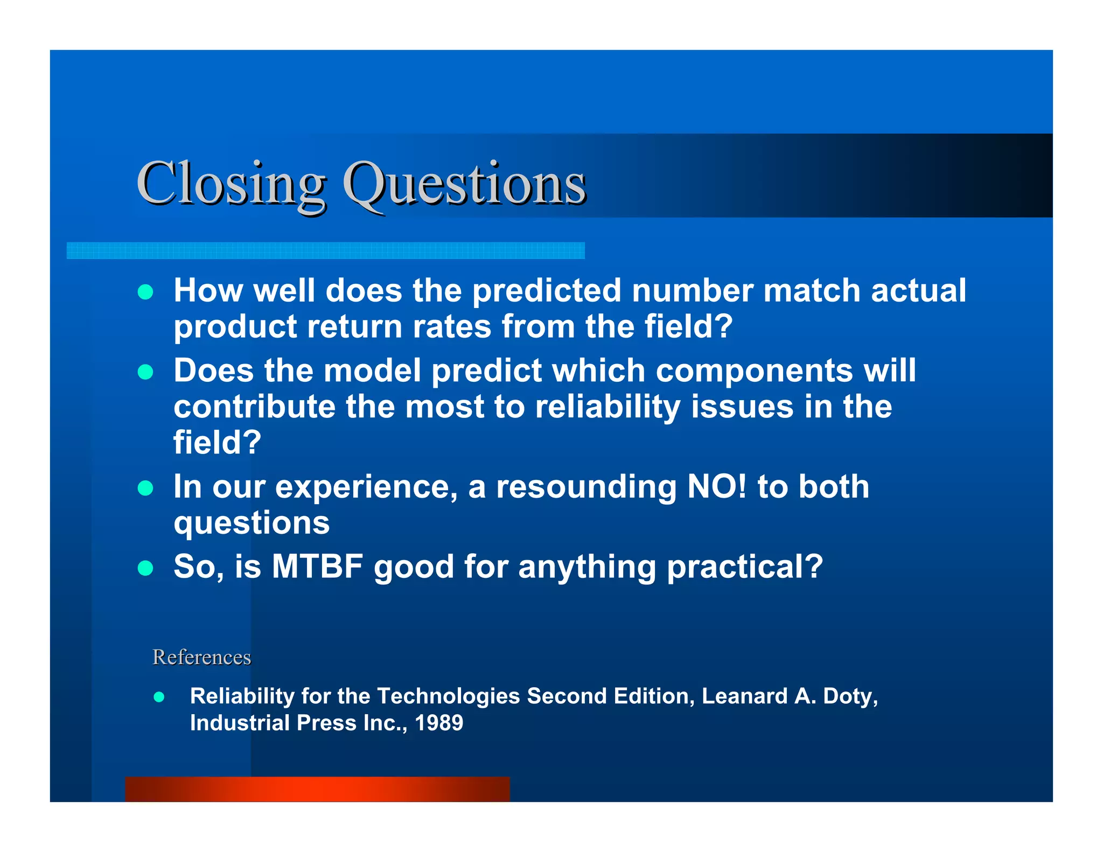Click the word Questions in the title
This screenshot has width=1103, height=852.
(464, 185)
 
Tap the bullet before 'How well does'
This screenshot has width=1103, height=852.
(145, 292)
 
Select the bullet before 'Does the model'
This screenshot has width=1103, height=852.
(145, 372)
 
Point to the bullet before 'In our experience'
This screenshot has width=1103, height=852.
(145, 488)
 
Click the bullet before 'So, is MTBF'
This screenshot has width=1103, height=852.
(145, 568)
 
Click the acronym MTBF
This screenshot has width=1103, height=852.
(317, 567)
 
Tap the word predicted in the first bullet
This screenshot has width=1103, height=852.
(547, 291)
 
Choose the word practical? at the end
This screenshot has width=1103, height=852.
(745, 567)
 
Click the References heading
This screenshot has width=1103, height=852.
(201, 657)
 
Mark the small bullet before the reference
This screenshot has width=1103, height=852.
(159, 697)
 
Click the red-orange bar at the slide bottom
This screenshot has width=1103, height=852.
(317, 789)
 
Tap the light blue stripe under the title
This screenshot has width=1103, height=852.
(325, 250)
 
